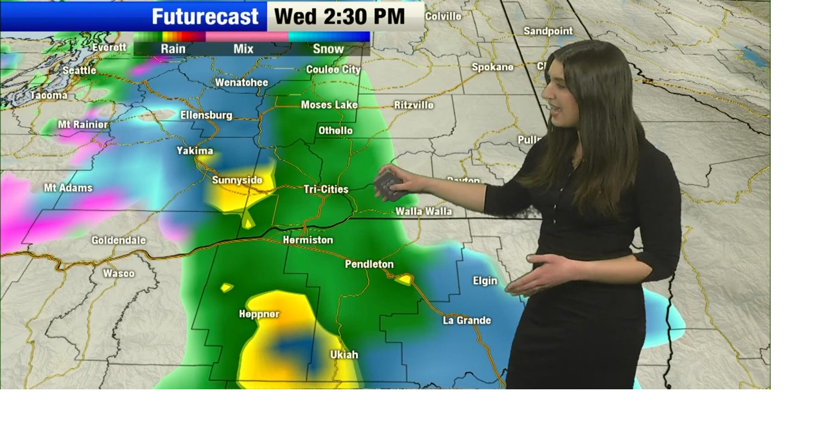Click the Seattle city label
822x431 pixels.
coord(79,71)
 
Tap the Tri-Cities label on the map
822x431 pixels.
coord(326,189)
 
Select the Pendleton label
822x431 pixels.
coord(369,264)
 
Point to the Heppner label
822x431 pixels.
coord(259,314)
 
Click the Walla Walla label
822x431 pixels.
coord(423,212)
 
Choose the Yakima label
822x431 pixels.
coord(195,151)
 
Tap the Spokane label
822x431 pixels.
coord(493,67)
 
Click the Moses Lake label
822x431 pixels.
coord(329,105)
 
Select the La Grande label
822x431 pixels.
coord(467,321)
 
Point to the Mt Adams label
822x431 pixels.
coord(68,188)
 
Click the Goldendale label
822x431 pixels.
coord(118,241)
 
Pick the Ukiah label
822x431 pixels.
coord(344,355)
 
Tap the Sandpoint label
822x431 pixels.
coord(548,31)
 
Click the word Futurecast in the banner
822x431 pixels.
coord(205,16)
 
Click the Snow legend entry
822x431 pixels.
coord(328,49)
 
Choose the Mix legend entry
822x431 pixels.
coord(243,49)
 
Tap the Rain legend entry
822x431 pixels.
coord(173,49)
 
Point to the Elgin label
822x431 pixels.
coord(485,281)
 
